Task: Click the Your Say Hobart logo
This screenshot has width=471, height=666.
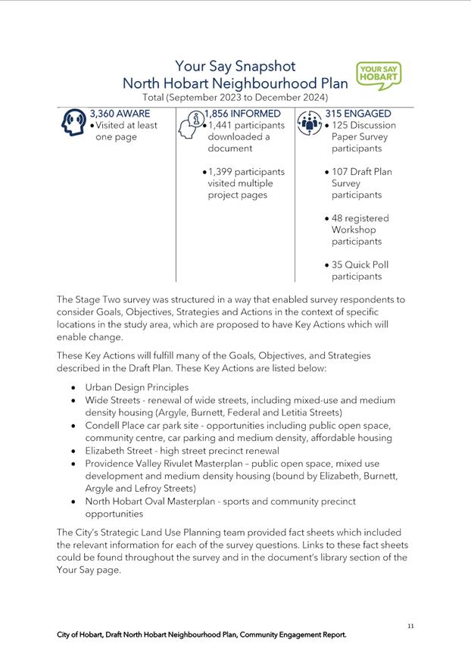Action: pos(378,76)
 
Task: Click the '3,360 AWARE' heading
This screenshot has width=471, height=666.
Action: pos(120,114)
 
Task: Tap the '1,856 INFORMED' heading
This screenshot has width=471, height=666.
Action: pos(242,114)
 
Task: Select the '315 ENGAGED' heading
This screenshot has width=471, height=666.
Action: pos(358,114)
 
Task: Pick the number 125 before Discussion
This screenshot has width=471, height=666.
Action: pos(341,125)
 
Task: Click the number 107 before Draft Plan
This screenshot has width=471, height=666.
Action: pos(341,172)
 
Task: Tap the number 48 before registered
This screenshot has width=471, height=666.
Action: pos(338,218)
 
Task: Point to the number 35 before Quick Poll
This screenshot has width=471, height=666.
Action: pos(338,265)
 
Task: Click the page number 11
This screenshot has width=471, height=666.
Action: pos(410,626)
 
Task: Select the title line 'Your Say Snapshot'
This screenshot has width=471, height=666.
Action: pos(235,67)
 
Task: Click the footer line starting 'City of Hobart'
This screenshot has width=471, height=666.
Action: pos(201,635)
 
